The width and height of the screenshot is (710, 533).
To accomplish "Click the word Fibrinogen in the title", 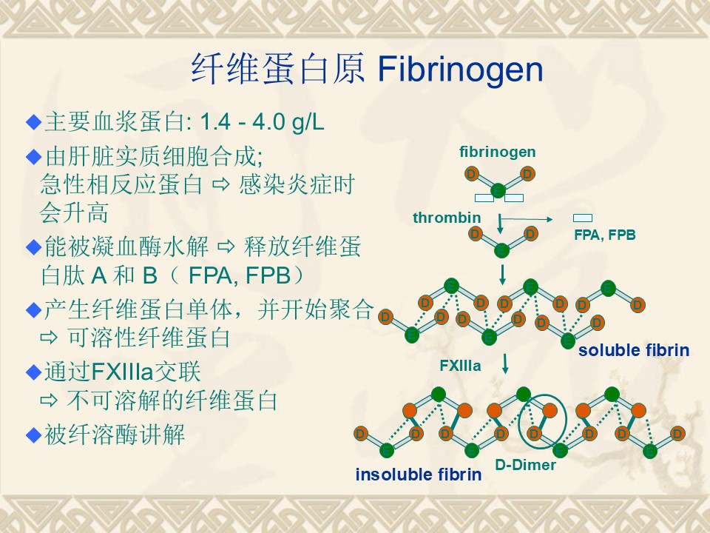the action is [x=460, y=70].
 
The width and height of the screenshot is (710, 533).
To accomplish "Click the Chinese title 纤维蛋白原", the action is [x=277, y=69].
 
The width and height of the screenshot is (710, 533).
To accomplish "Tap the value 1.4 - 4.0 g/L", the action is [x=262, y=122].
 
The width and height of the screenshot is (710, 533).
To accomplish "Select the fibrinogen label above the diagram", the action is [x=497, y=152].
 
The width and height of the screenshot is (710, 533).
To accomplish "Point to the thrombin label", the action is [x=447, y=218].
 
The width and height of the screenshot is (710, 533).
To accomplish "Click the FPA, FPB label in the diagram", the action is [x=605, y=235].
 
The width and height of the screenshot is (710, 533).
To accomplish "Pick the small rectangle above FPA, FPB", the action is [x=582, y=218].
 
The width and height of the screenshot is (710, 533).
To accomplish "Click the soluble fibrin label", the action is [x=634, y=350].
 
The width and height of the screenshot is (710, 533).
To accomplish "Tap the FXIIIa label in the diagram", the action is [x=460, y=366].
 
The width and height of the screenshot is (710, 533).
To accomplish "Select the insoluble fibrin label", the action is [x=419, y=475].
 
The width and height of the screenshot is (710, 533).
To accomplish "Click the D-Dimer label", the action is [x=525, y=465].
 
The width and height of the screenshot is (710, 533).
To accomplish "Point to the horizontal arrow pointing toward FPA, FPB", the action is [x=527, y=219].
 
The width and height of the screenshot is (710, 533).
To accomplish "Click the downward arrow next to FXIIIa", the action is [x=505, y=364].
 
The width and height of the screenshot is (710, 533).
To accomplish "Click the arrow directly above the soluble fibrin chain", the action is [x=502, y=275].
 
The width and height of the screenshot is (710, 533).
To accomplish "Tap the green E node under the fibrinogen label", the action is [x=498, y=190].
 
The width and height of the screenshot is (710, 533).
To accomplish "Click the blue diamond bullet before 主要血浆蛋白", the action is [x=34, y=122].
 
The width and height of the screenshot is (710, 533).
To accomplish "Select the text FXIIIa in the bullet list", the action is [x=122, y=372].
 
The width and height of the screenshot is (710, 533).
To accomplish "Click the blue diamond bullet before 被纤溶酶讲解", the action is [x=34, y=435].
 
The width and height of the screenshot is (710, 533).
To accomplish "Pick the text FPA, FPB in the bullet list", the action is [x=239, y=275].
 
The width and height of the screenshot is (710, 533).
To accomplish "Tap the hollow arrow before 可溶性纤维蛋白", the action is [x=49, y=338].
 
